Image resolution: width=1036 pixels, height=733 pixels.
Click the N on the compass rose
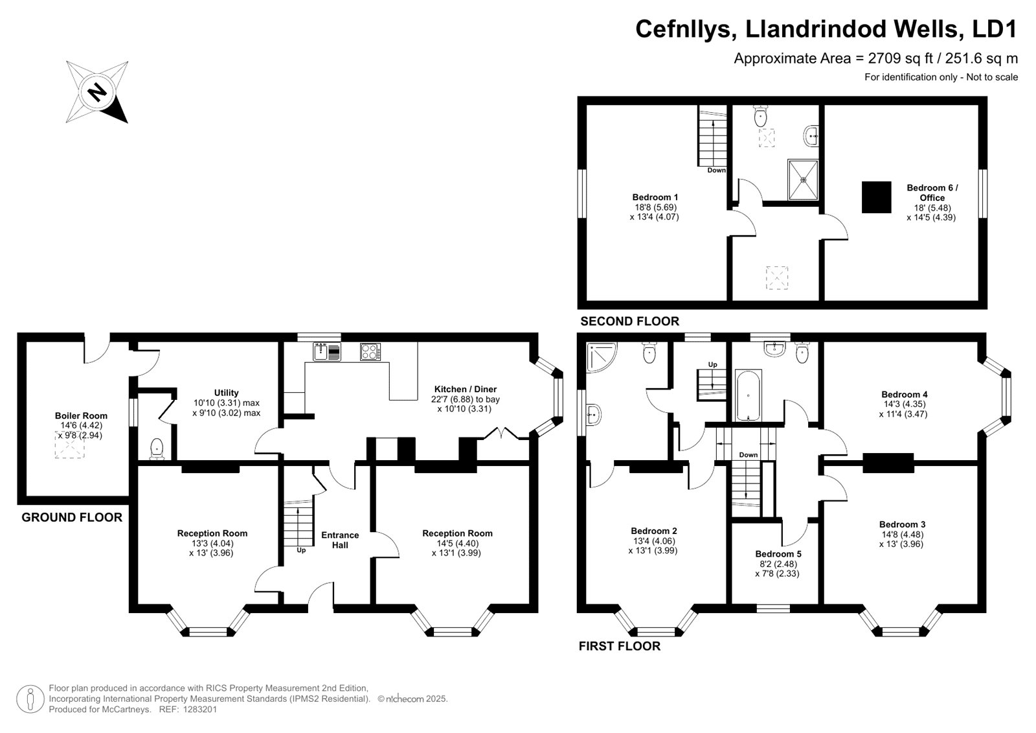[97, 91]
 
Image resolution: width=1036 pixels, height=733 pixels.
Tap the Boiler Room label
[81, 416]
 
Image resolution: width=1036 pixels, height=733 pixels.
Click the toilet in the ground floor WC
[157, 449]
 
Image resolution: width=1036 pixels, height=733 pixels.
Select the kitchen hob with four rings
[370, 351]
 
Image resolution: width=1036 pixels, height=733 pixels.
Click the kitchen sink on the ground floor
[327, 351]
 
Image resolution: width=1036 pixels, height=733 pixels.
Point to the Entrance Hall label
[340, 540]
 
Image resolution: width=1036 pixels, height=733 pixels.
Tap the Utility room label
[226, 393]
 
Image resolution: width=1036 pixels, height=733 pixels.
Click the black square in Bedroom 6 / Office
[877, 197]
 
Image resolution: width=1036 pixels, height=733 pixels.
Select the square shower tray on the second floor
[803, 180]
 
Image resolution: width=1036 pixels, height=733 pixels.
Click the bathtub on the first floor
[749, 395]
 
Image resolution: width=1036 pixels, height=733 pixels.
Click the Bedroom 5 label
[778, 554]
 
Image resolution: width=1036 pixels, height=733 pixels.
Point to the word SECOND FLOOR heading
[629, 321]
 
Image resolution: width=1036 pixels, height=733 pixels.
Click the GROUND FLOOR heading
[72, 518]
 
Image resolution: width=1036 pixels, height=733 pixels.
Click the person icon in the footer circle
[30, 699]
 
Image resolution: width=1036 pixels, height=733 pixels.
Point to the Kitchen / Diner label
[466, 389]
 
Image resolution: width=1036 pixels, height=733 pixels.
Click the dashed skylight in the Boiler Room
[69, 445]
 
